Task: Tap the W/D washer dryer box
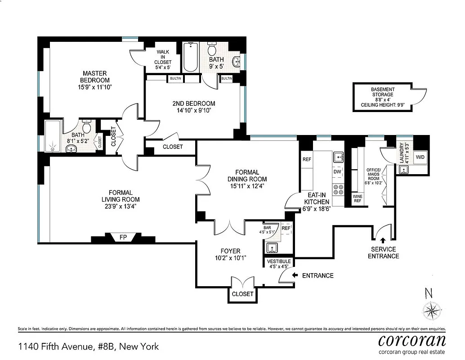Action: (420, 157)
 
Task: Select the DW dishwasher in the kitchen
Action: (337, 171)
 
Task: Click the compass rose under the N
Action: (433, 310)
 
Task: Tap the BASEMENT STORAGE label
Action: (382, 92)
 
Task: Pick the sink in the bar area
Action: (271, 248)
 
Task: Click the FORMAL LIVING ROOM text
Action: (120, 196)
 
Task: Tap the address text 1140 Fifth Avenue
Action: (88, 346)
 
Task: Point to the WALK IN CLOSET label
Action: (163, 57)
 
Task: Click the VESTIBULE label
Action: (279, 261)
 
